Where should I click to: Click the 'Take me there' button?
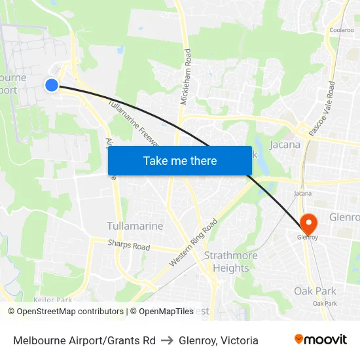click(180, 161)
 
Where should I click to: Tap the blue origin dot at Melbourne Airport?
click(52, 84)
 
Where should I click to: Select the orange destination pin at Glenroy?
click(307, 223)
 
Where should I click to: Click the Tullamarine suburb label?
click(135, 226)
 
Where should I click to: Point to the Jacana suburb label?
click(285, 145)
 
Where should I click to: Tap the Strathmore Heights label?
click(226, 261)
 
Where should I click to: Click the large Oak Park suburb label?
click(315, 291)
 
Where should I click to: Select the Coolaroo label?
click(342, 29)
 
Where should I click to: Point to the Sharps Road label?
click(129, 245)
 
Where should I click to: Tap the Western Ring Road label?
click(193, 242)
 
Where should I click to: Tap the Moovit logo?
click(321, 340)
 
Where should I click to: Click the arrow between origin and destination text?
click(167, 340)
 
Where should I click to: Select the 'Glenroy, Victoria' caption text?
click(219, 340)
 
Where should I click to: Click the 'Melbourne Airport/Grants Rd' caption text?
click(84, 340)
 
